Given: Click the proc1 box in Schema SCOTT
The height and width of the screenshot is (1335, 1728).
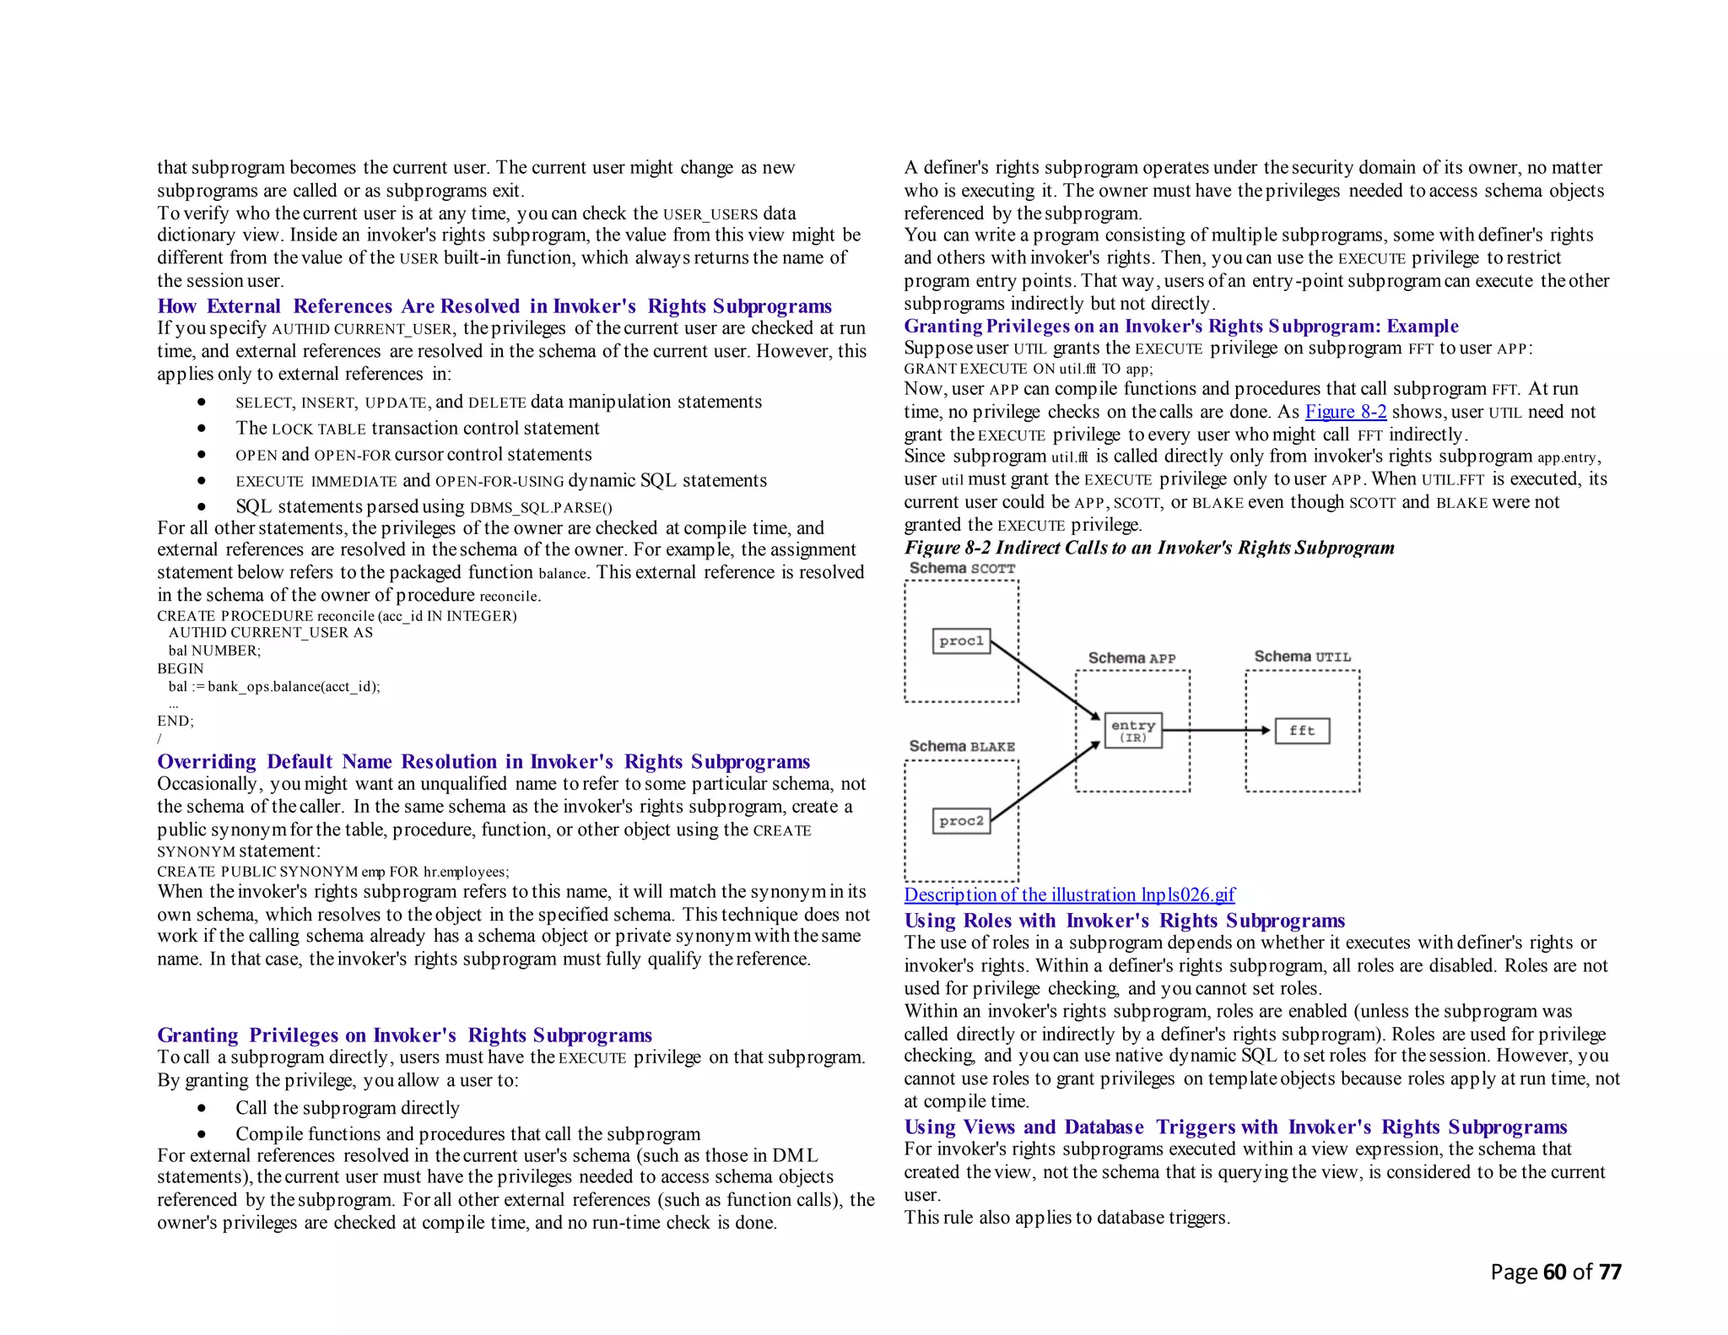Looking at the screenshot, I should coord(961,641).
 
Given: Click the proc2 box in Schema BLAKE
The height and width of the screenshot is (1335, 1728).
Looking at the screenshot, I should coord(961,821).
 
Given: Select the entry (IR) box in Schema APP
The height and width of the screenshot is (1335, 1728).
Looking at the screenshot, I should coord(1132,731).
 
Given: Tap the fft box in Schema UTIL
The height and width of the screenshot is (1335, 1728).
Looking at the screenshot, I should coord(1302,731).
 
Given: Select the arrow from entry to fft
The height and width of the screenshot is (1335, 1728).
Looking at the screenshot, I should coord(1215,730).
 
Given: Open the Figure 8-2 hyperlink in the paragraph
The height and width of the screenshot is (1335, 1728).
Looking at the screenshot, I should coord(1345,412).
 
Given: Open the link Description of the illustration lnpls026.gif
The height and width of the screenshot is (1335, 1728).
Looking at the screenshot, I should coord(1069,895).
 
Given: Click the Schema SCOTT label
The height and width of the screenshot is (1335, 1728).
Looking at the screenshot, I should coord(962,569).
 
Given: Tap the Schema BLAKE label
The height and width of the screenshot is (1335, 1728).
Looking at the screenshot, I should coord(962,747).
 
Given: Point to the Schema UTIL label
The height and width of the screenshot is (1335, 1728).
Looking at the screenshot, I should coord(1302,657).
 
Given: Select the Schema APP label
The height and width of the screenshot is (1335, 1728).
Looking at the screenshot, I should coord(1131,658).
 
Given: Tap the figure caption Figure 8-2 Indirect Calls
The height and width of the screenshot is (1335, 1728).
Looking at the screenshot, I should coord(1148,548).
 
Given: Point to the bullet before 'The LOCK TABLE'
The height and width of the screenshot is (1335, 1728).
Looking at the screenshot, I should coord(202,429).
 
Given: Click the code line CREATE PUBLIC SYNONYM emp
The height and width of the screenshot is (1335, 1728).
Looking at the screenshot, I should coord(332,872).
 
